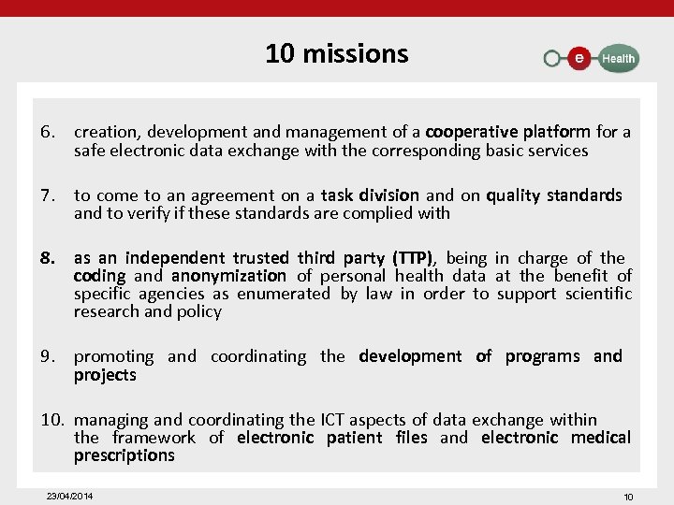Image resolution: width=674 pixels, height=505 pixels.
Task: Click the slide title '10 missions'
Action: pos(336,53)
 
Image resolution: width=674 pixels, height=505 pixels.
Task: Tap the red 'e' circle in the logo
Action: pos(579,58)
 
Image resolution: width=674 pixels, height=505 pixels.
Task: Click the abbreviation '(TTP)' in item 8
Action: pos(413,258)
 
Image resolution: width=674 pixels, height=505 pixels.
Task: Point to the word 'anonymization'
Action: pos(228,276)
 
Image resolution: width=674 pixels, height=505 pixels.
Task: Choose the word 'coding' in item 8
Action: pos(99,276)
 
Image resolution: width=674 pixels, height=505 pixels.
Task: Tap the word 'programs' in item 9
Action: pos(542,356)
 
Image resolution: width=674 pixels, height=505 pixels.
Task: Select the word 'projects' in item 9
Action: pos(105,375)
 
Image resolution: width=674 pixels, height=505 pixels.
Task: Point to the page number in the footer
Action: pos(628,497)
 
